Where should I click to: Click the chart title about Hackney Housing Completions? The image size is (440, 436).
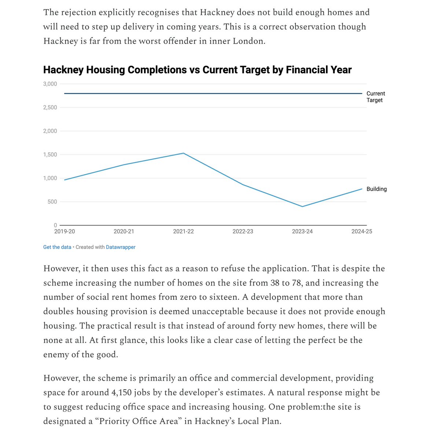(x=197, y=70)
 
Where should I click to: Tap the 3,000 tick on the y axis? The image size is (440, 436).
(x=50, y=84)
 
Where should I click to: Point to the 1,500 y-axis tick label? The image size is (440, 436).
(x=50, y=154)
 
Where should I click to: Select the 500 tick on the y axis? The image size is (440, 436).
(x=53, y=202)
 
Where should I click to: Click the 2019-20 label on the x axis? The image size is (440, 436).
(x=65, y=231)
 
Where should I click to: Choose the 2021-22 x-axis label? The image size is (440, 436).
(x=183, y=231)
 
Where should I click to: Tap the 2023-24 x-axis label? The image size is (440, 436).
(x=302, y=231)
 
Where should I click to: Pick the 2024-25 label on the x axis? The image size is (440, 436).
(x=362, y=231)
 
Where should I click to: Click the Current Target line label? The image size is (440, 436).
(x=375, y=97)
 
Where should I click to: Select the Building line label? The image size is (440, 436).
(x=377, y=189)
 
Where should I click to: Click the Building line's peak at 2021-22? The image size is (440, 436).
(x=183, y=153)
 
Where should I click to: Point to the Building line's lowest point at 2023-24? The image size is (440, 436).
(x=302, y=206)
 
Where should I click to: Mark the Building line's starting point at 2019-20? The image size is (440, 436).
(x=65, y=180)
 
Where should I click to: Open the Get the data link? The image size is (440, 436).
(x=57, y=247)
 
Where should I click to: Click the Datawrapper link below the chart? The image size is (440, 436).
(x=121, y=247)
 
